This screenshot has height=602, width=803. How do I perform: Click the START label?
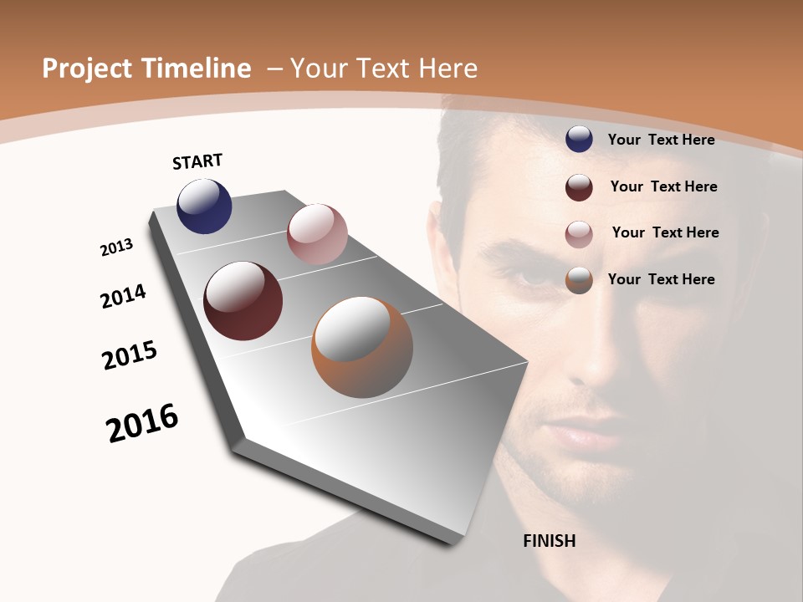pos(197,161)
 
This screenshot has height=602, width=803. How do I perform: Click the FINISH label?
pos(550,541)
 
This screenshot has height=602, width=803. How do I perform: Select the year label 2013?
pos(116,247)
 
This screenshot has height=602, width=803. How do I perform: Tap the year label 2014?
pos(123,297)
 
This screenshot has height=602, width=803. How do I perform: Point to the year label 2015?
pos(130,355)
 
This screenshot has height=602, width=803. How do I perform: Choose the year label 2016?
pos(142,423)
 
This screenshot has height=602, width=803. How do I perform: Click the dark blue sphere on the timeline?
pos(204,207)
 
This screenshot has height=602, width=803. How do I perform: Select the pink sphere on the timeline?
pos(317,234)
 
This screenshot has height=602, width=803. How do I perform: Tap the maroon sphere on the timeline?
pos(243,301)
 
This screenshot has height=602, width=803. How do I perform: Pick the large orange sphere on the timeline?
pos(361,347)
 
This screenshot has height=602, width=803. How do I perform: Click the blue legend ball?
pos(579,139)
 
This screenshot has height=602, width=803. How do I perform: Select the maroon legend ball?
pos(579,186)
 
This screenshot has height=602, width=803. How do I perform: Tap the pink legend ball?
pos(579,233)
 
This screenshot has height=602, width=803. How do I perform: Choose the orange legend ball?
pos(579,280)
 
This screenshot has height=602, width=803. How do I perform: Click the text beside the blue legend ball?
pos(661,140)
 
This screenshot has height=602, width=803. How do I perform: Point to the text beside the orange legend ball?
pos(661,279)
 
